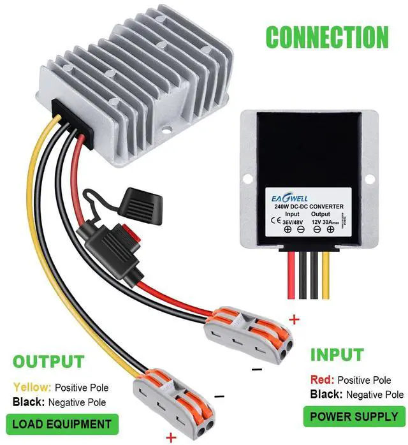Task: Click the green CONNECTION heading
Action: point(326,37)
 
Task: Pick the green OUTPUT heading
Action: point(48,362)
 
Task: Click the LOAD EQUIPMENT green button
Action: point(62,423)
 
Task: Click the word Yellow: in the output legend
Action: point(32,387)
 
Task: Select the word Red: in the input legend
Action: point(323,379)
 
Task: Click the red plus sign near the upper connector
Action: point(294,318)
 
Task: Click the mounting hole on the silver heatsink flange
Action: point(168,133)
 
